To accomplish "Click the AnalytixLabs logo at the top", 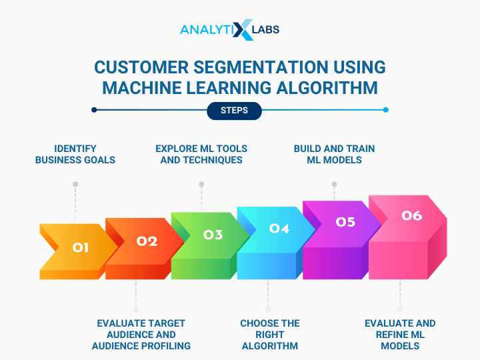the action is click(x=229, y=30).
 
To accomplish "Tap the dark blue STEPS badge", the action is click(x=234, y=111).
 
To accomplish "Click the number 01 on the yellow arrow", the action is click(x=81, y=247).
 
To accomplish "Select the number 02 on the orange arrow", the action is click(x=147, y=241).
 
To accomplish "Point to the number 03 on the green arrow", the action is click(x=213, y=235).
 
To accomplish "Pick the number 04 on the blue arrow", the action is click(x=279, y=229).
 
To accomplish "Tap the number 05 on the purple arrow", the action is click(x=345, y=222).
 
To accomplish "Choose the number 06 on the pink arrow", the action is click(x=412, y=215).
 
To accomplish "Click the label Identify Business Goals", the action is click(x=75, y=154).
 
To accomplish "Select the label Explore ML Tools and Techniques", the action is click(x=201, y=154).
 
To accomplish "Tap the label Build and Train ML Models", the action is click(x=334, y=154).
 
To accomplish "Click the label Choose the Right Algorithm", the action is click(x=270, y=335).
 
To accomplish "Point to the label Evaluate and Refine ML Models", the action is click(x=400, y=335).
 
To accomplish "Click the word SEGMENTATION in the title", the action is click(x=261, y=67).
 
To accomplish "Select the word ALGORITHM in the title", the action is click(x=327, y=88).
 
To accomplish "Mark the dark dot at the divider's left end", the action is click(x=94, y=110).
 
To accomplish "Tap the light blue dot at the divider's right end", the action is click(x=386, y=110).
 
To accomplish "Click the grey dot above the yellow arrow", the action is click(x=75, y=184).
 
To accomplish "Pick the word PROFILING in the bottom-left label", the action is click(x=167, y=346).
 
